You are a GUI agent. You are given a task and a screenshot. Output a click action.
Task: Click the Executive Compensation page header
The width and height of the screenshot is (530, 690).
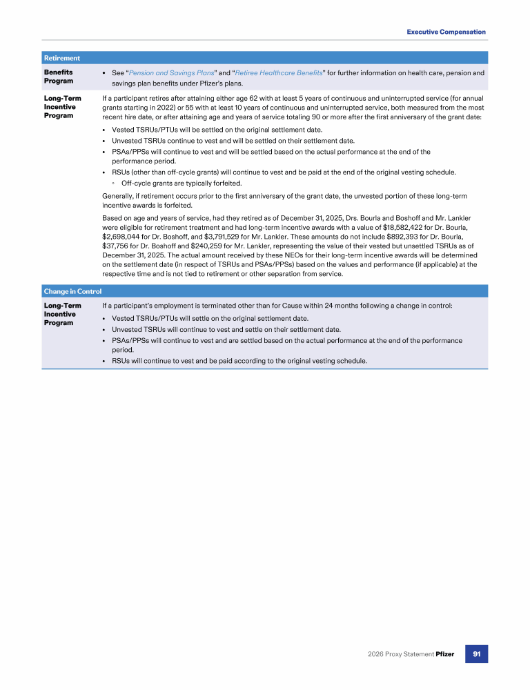tap(446, 32)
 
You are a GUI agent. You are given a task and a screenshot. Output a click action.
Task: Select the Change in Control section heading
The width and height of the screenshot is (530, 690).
tap(72, 291)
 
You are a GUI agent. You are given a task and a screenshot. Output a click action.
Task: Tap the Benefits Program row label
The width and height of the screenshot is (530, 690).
tap(59, 77)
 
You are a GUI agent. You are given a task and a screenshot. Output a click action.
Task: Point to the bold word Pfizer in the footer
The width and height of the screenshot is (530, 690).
tap(445, 653)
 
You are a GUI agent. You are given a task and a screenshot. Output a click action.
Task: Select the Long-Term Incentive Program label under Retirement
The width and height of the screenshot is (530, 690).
tap(62, 107)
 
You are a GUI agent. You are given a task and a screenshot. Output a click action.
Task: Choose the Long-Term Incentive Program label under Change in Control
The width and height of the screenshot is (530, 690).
tap(62, 314)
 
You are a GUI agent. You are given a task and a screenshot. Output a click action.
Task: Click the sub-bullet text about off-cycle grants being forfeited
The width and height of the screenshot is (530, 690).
tap(181, 184)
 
